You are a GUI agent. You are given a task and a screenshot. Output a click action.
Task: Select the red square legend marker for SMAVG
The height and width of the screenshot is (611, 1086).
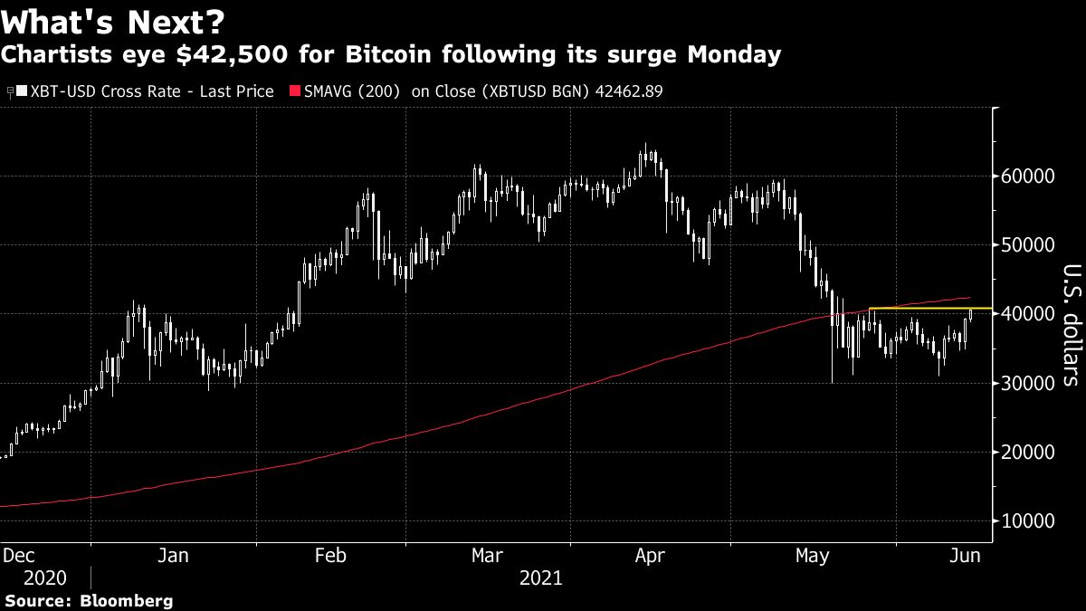pyautogui.click(x=294, y=91)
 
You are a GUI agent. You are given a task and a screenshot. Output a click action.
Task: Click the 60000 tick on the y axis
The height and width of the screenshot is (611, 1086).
pyautogui.click(x=1027, y=176)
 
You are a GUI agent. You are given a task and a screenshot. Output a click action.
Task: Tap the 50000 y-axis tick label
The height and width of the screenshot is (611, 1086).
pyautogui.click(x=1027, y=245)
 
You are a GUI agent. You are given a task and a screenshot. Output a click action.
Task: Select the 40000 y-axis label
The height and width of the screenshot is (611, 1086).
pyautogui.click(x=1027, y=314)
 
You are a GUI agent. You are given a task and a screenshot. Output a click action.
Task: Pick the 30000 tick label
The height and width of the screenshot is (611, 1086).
pyautogui.click(x=1027, y=383)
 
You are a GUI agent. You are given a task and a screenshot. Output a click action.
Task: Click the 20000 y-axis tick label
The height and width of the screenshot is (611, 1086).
pyautogui.click(x=1027, y=452)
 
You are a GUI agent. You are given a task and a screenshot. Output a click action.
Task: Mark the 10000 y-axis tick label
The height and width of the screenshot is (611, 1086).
pyautogui.click(x=1027, y=521)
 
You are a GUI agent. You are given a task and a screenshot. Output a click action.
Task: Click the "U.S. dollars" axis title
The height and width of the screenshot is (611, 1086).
pyautogui.click(x=1071, y=325)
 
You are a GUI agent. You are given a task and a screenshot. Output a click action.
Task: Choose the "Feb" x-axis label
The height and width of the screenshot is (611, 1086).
pyautogui.click(x=330, y=556)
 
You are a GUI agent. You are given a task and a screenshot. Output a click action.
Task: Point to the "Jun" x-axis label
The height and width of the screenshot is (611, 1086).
pyautogui.click(x=966, y=556)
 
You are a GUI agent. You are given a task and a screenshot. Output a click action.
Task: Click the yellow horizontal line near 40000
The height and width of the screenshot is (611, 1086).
pyautogui.click(x=923, y=309)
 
